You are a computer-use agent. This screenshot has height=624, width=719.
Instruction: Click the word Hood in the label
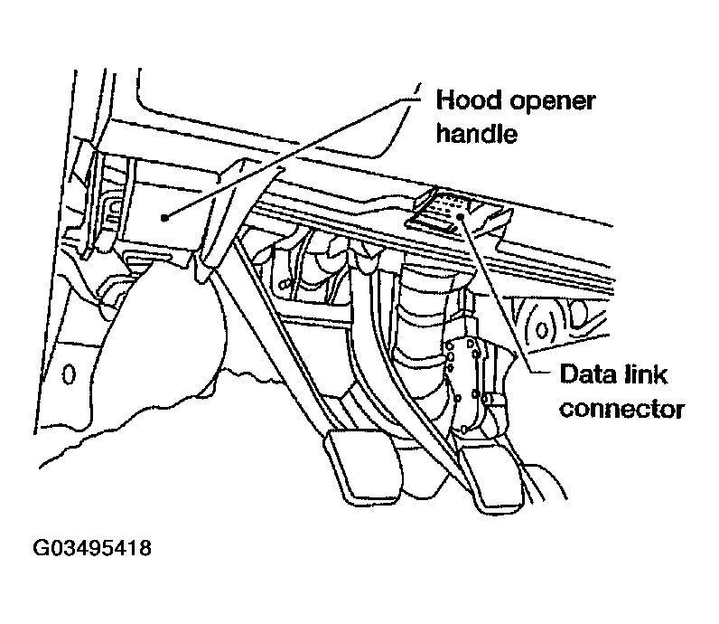[x=466, y=99]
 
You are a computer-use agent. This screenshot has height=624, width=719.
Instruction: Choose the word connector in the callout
[x=621, y=409]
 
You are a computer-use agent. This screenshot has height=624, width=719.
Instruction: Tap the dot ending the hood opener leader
[x=163, y=217]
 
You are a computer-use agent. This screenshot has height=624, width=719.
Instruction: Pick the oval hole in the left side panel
[x=66, y=373]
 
